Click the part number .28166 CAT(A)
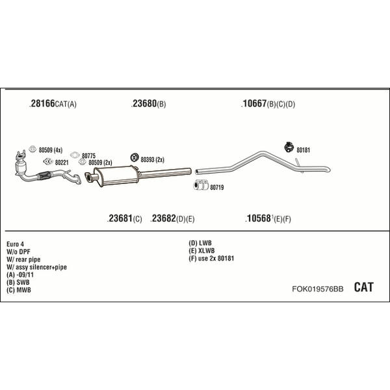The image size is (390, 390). (x=53, y=103)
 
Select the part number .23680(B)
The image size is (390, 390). (x=148, y=103)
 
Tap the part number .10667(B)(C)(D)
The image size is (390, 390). (x=268, y=103)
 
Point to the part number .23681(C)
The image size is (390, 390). (x=124, y=218)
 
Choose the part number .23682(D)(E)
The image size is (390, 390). (x=172, y=218)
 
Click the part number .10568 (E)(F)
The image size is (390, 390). (x=268, y=218)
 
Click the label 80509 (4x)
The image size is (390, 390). (x=51, y=150)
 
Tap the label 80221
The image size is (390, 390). (x=62, y=162)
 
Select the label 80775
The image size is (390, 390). (x=89, y=156)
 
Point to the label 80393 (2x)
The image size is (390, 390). (x=153, y=159)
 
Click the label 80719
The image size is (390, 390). (x=217, y=187)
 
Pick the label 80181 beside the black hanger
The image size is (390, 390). (x=303, y=150)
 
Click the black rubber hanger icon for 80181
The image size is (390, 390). (x=289, y=147)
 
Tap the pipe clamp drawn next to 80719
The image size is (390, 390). (x=201, y=185)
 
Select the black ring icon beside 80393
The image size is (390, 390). (x=135, y=157)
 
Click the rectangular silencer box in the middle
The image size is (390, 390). (x=116, y=175)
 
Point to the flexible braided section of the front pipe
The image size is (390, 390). (x=44, y=175)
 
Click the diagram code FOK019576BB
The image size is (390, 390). (x=318, y=289)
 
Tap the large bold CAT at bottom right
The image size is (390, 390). (x=363, y=287)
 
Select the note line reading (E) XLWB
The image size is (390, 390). (x=201, y=251)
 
